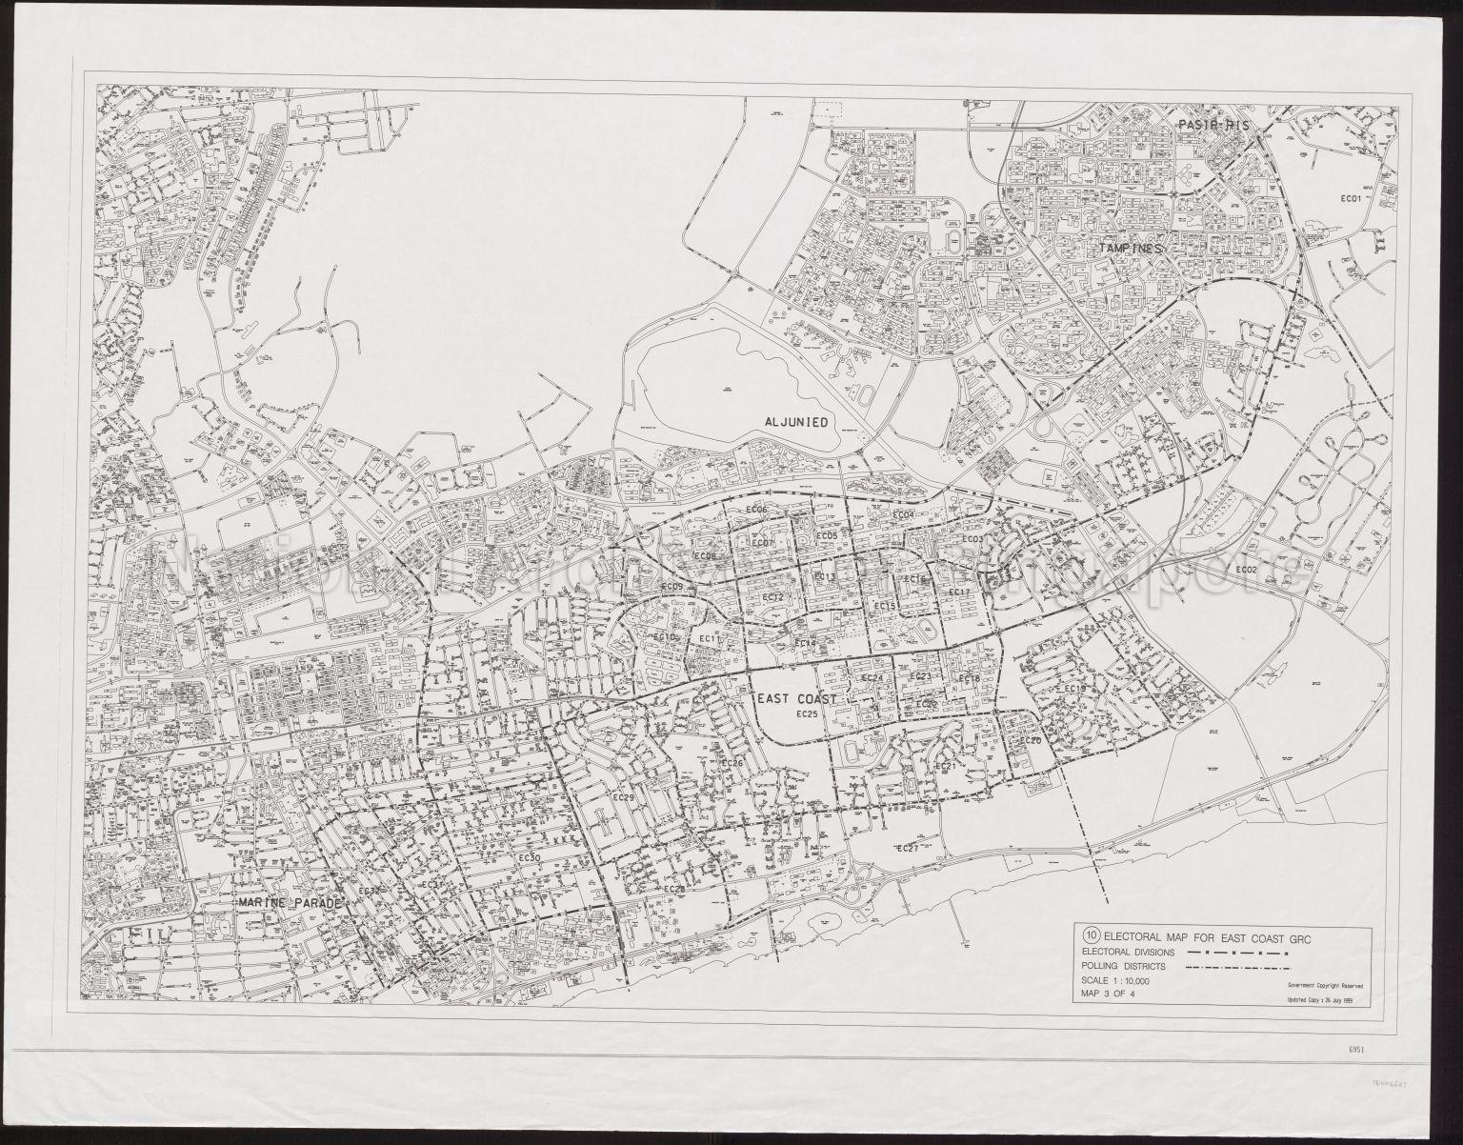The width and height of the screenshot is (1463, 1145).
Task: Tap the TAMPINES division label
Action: tap(1133, 248)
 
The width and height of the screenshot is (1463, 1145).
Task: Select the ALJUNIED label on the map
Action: tap(798, 420)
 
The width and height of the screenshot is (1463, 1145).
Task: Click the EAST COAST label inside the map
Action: tap(796, 698)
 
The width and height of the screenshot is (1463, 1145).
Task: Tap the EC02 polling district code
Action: tap(1246, 570)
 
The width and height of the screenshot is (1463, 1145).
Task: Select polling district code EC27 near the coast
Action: tap(907, 848)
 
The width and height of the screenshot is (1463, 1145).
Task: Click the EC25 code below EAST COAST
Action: tap(807, 713)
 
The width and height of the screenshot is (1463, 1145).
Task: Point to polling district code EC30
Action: tap(531, 858)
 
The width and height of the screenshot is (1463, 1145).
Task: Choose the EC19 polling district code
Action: tap(1075, 689)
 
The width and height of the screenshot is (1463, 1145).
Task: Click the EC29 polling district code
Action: tap(624, 796)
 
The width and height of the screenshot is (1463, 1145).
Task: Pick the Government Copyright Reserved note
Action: tap(1325, 986)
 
